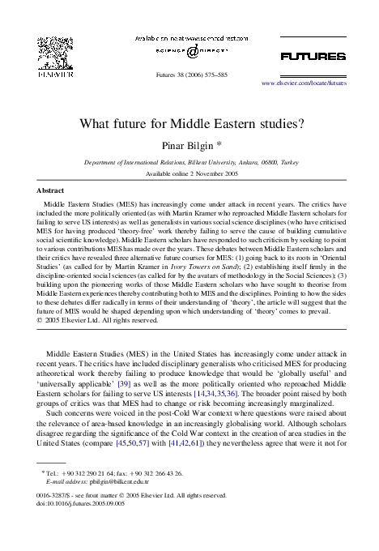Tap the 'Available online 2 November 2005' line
(x=191, y=174)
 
